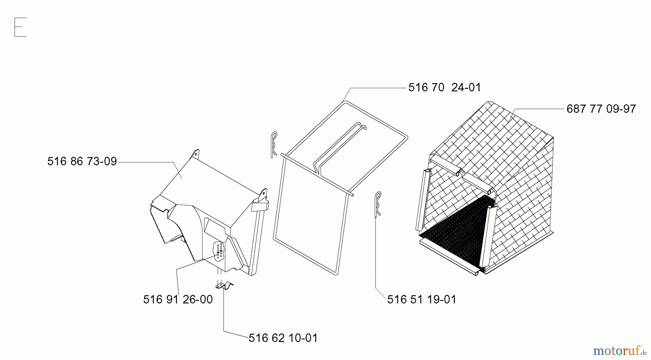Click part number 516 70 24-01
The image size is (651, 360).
coord(444,87)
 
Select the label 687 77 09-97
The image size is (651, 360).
coord(601,109)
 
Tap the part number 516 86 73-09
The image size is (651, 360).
coord(82,161)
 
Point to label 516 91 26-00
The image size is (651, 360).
coord(178,299)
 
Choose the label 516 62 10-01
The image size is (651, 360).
coord(283,338)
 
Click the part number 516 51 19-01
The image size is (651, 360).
coord(422,299)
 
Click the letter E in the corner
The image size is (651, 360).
coord(20,27)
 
